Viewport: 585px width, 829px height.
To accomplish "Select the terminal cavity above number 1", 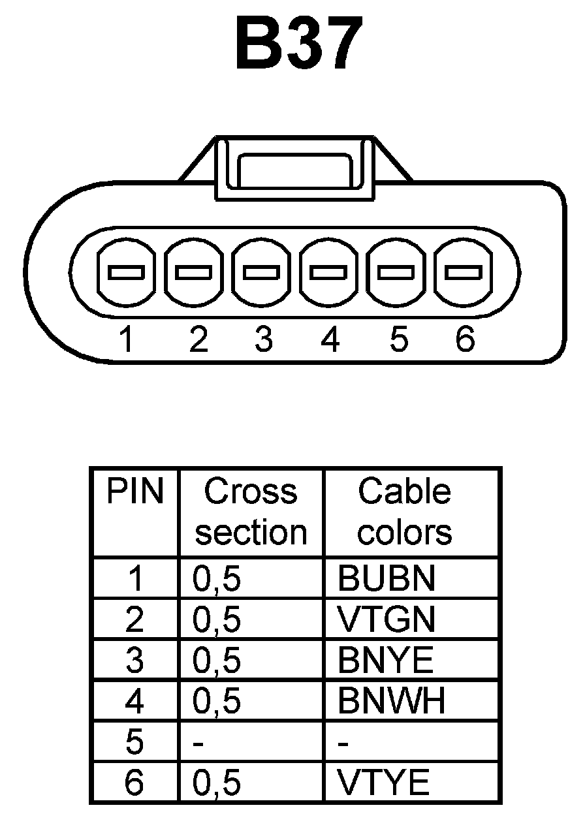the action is click(127, 272).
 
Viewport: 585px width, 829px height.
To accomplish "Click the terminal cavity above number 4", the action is click(330, 272).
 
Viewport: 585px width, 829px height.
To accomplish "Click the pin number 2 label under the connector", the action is click(197, 339).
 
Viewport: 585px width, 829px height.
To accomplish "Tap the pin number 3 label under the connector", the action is click(263, 339).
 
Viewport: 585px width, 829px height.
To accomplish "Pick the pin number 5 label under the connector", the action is click(398, 339).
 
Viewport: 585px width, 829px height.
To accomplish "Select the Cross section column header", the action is click(251, 512).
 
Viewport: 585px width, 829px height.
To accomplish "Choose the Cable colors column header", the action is click(405, 512).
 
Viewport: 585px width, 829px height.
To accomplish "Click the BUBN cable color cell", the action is click(386, 578).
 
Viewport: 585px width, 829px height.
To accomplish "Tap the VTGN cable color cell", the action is click(386, 619).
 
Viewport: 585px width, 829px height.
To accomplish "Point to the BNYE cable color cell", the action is click(385, 660).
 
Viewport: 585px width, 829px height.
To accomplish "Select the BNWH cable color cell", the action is click(391, 701).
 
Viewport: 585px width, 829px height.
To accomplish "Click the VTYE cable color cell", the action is click(384, 782).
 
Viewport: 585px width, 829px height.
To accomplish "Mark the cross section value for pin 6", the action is click(217, 783).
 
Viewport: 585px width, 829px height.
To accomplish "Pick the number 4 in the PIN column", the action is click(134, 701).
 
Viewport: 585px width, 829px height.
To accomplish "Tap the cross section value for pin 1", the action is click(217, 579).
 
